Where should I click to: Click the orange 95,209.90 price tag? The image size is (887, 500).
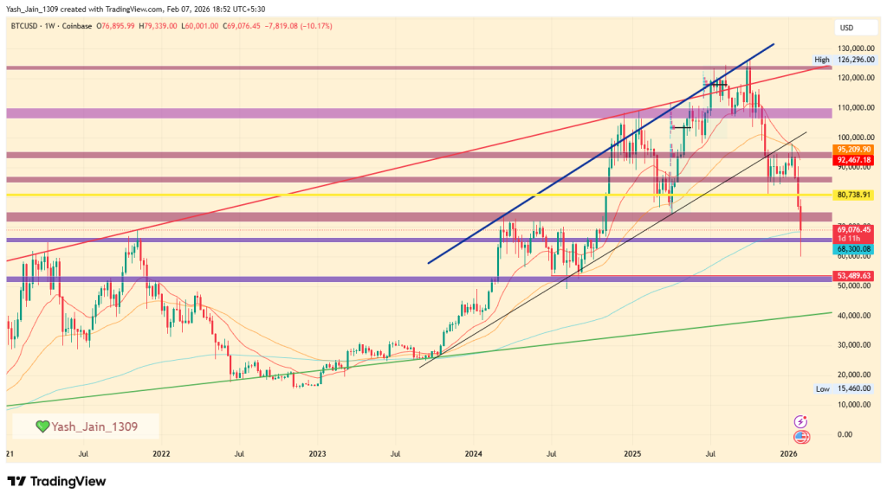tap(852, 149)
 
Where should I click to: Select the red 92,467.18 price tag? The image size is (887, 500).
tap(852, 160)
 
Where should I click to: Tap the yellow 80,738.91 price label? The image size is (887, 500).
tap(852, 196)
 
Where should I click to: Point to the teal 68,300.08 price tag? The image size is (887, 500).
tap(852, 248)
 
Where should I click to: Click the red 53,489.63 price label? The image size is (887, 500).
tap(852, 276)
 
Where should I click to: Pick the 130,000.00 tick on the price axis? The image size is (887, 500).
tap(853, 48)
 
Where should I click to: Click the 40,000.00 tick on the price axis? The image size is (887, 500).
tap(852, 316)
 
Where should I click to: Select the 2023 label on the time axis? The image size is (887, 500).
tap(318, 453)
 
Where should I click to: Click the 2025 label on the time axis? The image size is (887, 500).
tap(632, 453)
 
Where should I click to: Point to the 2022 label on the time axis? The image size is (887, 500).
tap(160, 453)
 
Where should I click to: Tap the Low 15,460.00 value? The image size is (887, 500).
tap(852, 389)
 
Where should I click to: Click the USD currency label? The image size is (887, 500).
tap(847, 28)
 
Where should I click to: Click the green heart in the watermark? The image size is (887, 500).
tap(42, 426)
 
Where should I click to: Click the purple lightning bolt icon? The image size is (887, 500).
tap(801, 421)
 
